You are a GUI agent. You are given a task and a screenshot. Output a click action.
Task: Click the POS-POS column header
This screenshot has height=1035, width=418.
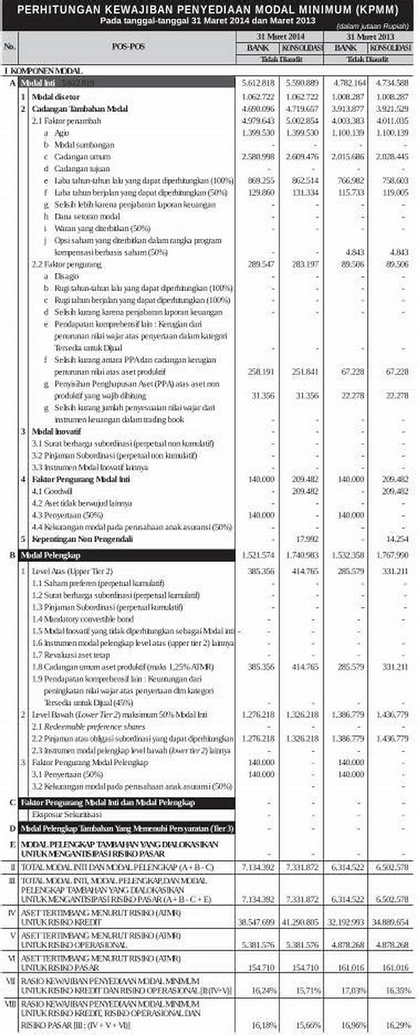coord(128,47)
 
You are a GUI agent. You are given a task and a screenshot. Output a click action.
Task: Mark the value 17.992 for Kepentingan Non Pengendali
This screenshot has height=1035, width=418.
coord(307,539)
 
